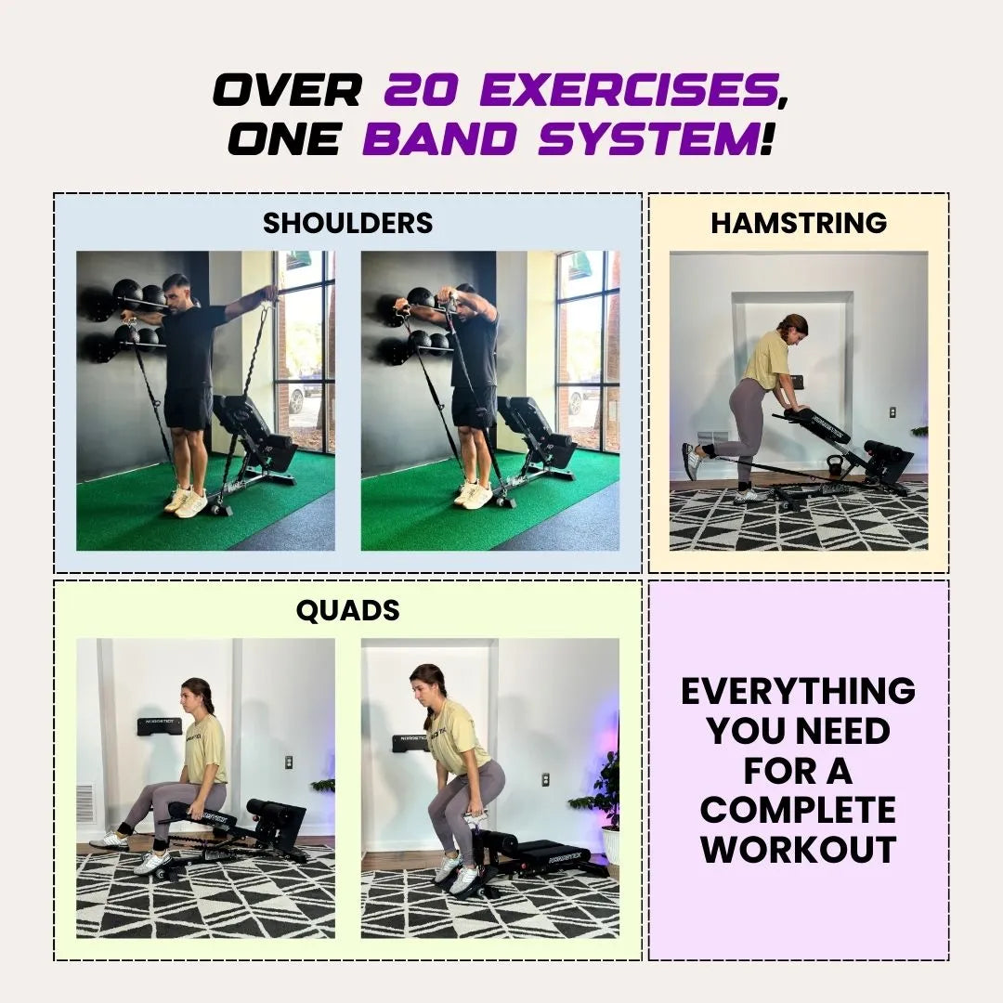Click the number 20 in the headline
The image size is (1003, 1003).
(x=421, y=89)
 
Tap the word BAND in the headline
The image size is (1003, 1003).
(x=441, y=138)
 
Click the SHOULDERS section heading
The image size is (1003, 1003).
(x=348, y=223)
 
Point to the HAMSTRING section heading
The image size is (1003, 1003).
(x=799, y=223)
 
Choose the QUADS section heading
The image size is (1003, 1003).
(x=348, y=610)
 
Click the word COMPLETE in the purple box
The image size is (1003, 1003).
(x=799, y=810)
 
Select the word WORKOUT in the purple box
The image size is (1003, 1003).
(x=799, y=850)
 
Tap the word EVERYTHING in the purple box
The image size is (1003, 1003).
(x=799, y=691)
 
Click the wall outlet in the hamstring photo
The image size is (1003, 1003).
(x=892, y=412)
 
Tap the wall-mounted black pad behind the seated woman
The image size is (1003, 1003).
(x=160, y=726)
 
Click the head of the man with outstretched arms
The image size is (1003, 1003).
(x=176, y=293)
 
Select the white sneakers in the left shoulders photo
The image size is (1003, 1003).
(x=186, y=501)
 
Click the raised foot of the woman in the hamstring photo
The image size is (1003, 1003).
(x=693, y=461)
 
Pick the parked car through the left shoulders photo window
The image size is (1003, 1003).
(x=296, y=398)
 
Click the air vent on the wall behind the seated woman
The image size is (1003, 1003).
(x=85, y=803)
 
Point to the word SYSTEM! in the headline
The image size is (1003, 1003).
(x=657, y=138)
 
